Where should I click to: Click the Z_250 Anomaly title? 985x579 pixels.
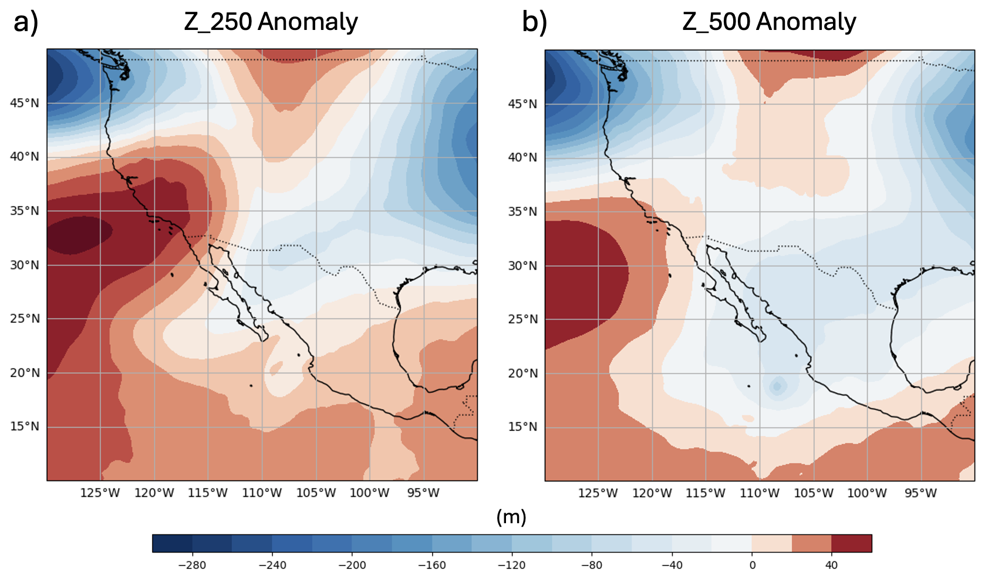pos(271,22)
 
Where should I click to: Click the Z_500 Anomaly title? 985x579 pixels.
pos(769,22)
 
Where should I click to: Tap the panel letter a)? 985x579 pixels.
pos(26,22)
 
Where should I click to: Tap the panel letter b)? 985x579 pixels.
pos(534,22)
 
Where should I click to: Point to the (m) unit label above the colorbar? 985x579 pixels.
pos(511,517)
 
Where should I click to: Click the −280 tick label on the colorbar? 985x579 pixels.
pos(192,565)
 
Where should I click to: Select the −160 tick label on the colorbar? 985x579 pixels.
pos(431,565)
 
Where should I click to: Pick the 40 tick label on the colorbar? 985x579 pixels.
pos(831,565)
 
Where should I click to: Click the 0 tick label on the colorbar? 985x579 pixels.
pos(752,565)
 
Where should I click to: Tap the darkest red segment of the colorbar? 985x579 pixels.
pos(851,543)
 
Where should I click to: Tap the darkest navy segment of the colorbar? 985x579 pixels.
pos(172,543)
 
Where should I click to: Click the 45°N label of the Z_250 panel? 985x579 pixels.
pos(25,103)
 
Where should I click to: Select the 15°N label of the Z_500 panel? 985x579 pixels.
pos(522,427)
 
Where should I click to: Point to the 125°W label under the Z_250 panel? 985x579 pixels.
pos(100,493)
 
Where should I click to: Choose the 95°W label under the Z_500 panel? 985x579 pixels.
pos(920,493)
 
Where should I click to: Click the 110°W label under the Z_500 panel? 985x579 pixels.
pos(760,493)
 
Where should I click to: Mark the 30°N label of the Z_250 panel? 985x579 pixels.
pos(25,265)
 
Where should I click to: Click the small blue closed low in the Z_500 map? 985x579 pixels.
pos(777,386)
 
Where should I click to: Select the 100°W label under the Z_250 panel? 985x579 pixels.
pos(370,493)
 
